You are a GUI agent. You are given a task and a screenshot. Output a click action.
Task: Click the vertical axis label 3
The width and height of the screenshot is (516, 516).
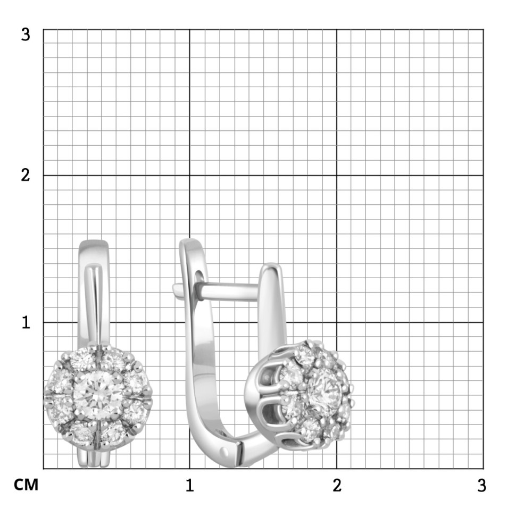(26, 34)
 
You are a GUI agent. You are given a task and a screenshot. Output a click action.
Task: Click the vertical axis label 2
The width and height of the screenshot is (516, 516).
(26, 175)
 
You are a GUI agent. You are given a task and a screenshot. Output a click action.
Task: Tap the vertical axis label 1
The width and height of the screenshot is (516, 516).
(26, 322)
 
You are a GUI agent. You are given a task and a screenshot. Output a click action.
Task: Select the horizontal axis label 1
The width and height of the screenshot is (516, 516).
(189, 485)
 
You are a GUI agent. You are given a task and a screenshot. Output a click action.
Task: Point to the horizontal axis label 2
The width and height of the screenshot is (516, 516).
(337, 485)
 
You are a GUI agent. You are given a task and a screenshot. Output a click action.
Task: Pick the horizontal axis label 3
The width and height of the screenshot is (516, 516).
(481, 485)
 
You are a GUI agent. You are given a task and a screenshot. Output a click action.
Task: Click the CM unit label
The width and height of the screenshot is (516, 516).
(26, 485)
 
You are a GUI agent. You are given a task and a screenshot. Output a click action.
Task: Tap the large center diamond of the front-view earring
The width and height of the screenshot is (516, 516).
(98, 396)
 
